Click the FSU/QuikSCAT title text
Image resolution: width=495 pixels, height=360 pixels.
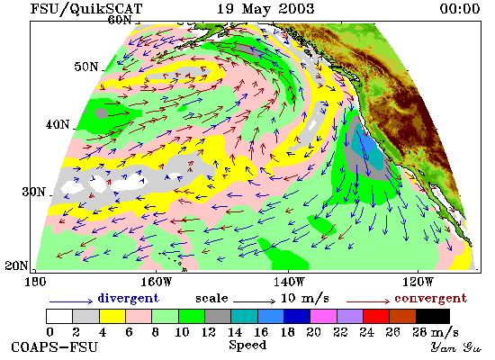(x=86, y=9)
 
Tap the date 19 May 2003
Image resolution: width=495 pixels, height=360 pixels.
(x=265, y=9)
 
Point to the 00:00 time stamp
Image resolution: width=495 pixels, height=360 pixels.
(x=460, y=9)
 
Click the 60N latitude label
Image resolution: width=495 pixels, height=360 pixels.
(x=120, y=20)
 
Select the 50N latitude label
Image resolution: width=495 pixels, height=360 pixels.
(x=86, y=67)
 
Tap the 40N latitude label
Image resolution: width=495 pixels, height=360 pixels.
(x=58, y=124)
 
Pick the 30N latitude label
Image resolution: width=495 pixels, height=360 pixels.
(x=34, y=192)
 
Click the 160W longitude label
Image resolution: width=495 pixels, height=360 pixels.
(x=156, y=282)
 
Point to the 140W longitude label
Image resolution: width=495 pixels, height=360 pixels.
(x=289, y=282)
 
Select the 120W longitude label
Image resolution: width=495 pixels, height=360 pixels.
(x=418, y=282)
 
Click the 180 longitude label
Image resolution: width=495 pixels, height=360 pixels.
(x=35, y=282)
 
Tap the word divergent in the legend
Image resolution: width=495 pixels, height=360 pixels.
(x=128, y=299)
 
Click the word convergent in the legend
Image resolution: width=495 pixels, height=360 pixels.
(x=430, y=299)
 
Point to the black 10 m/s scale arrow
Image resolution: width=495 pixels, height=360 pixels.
(x=254, y=301)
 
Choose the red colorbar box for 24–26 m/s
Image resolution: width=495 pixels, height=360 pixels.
(x=376, y=317)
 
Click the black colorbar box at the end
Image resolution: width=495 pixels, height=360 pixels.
(x=433, y=317)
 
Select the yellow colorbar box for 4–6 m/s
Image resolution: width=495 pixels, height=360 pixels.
(x=112, y=317)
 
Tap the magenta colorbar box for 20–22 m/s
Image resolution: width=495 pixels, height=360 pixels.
(x=323, y=317)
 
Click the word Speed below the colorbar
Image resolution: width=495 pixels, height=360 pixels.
(x=247, y=346)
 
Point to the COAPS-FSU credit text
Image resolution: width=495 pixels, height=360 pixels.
(x=54, y=347)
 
